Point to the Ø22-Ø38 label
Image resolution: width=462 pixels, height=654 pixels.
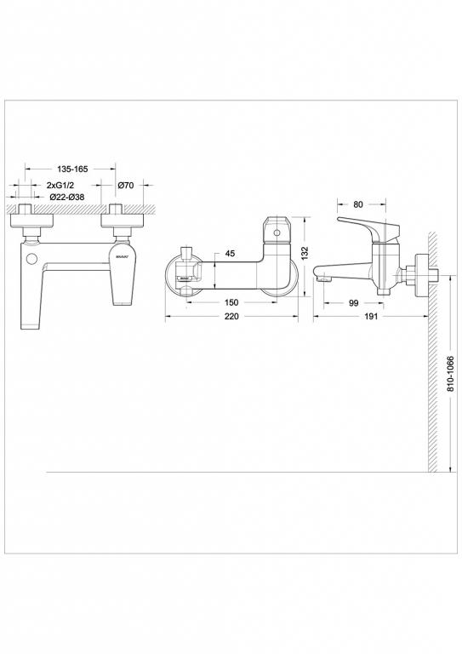coord(67,197)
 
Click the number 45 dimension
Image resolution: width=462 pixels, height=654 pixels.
coord(231,252)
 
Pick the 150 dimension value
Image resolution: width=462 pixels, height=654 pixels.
coord(231,302)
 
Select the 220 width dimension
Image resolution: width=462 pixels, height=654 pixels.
coord(231,316)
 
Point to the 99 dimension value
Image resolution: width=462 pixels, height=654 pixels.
coord(351,302)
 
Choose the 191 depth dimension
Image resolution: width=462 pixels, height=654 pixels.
coord(369,316)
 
